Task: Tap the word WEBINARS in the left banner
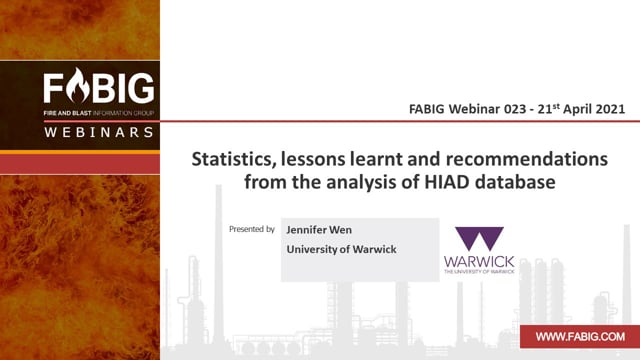99,132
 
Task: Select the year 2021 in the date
610,109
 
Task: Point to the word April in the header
578,110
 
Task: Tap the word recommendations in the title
527,159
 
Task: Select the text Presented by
252,229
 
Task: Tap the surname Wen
340,230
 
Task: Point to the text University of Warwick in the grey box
341,249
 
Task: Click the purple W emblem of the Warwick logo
479,238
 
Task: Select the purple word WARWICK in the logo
479,262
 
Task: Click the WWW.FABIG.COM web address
580,337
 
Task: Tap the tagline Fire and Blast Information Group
99,113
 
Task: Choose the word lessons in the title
312,159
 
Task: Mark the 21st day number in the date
548,109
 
